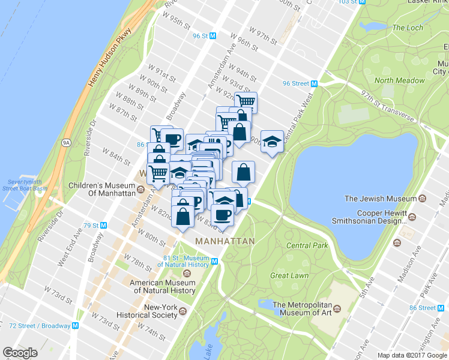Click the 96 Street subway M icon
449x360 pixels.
(x=314, y=83)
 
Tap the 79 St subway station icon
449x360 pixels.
(x=104, y=226)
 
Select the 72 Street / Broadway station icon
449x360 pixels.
(x=76, y=326)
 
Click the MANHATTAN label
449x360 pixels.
(x=225, y=241)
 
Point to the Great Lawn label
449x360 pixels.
(x=289, y=275)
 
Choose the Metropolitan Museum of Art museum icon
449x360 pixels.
(x=337, y=308)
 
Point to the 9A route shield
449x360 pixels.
(x=67, y=143)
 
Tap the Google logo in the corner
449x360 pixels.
(x=20, y=353)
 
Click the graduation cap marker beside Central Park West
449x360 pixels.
(x=273, y=142)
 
